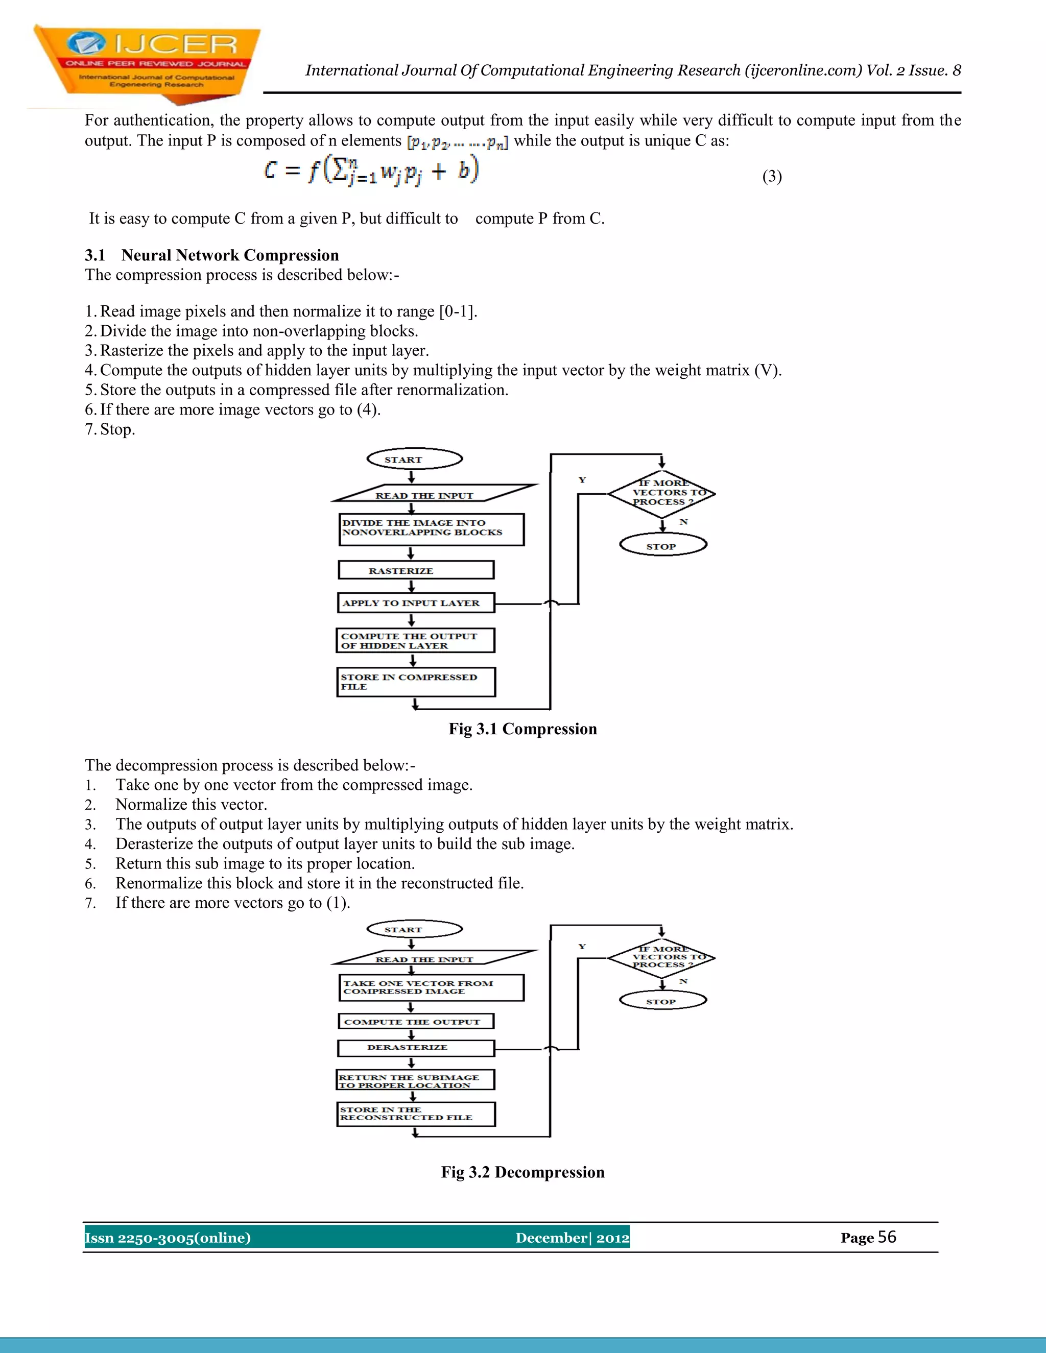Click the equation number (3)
772,177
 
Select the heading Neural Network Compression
230,255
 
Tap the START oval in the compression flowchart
415,459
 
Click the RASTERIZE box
416,570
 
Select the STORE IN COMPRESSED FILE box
416,682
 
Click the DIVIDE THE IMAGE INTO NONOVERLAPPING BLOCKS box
431,529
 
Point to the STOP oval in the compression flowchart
663,546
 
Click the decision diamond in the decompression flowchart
661,957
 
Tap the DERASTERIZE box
416,1048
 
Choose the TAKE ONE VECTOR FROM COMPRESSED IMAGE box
431,987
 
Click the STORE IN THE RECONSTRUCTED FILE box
416,1113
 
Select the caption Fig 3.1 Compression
522,729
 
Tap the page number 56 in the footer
887,1237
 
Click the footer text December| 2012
572,1238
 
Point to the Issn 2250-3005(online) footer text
168,1238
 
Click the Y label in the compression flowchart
582,480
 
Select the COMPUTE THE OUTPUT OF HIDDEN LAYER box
416,641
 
